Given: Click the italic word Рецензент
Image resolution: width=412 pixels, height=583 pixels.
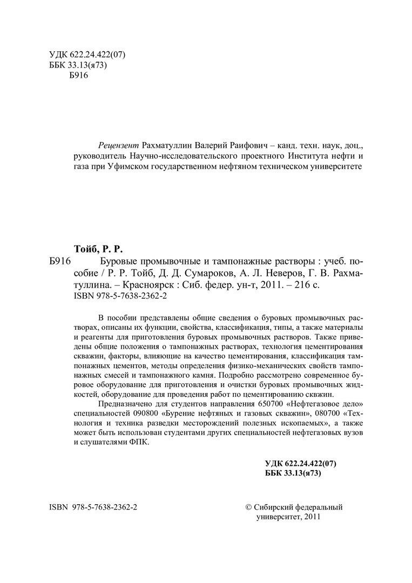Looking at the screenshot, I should coord(118,146).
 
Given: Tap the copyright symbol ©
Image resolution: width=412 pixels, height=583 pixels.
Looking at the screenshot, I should coord(248,507).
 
